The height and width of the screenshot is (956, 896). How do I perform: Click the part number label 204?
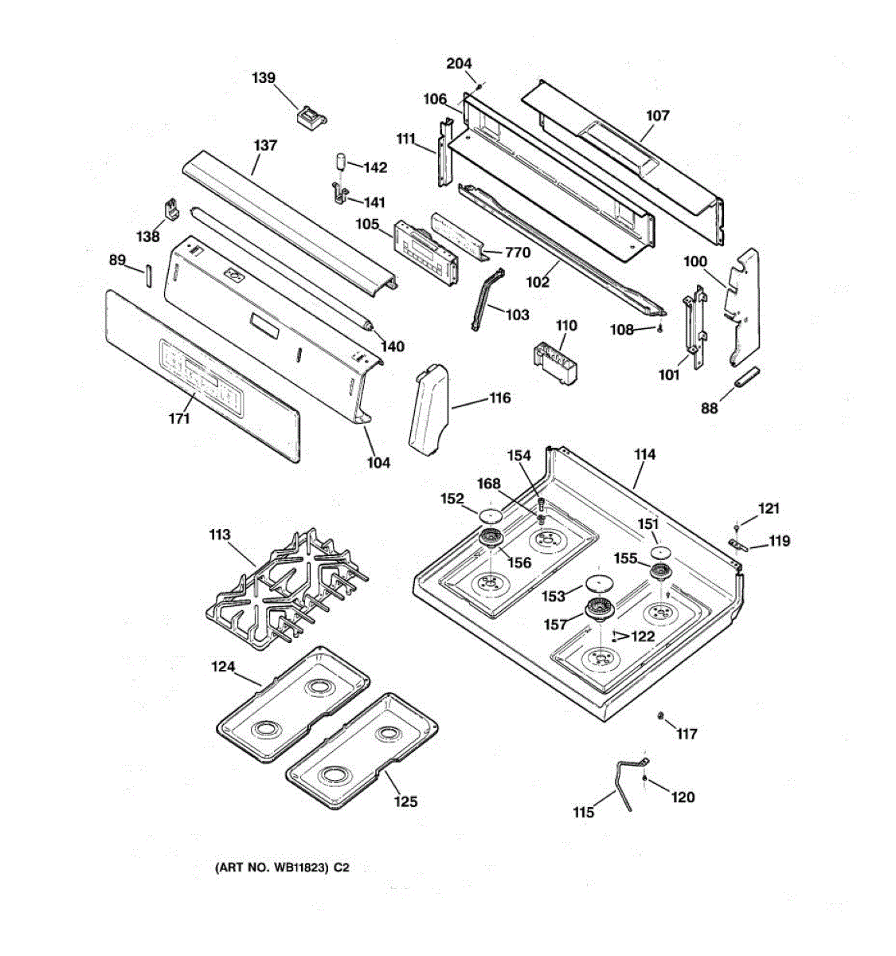tap(459, 64)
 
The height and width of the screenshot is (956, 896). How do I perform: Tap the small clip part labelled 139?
tap(310, 116)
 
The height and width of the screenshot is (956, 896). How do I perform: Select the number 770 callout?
tap(517, 253)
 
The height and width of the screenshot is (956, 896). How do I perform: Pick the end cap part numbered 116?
tap(428, 409)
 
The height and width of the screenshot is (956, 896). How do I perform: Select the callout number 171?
tap(179, 417)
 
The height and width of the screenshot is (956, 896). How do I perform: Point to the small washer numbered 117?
tap(661, 719)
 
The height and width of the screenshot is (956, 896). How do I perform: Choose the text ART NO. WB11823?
tap(272, 868)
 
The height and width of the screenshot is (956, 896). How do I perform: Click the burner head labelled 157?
tap(600, 609)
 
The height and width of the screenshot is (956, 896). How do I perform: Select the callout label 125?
tap(405, 801)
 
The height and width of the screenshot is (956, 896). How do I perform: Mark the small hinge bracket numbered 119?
tap(740, 545)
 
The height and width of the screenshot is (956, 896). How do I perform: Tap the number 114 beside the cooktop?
tap(644, 454)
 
